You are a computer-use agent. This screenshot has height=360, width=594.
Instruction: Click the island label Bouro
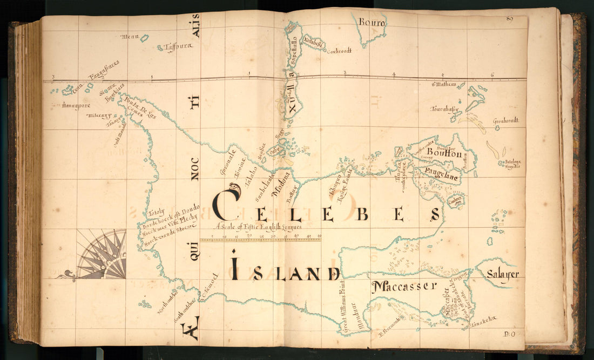pyautogui.click(x=372, y=24)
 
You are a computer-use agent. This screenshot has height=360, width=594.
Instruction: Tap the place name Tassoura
pyautogui.click(x=178, y=46)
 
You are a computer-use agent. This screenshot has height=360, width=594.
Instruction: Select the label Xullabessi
pyautogui.click(x=313, y=43)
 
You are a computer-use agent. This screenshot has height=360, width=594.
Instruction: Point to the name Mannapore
pyautogui.click(x=76, y=106)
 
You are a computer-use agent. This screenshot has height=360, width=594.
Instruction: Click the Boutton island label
pyautogui.click(x=444, y=154)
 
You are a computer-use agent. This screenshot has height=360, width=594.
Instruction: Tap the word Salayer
pyautogui.click(x=502, y=274)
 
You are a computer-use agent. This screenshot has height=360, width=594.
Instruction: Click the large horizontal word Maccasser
pyautogui.click(x=403, y=286)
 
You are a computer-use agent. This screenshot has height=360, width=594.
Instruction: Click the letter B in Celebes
pyautogui.click(x=362, y=215)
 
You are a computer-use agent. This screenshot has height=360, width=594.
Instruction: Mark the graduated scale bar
pyautogui.click(x=260, y=239)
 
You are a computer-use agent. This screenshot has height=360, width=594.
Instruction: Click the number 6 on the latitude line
pyautogui.click(x=492, y=74)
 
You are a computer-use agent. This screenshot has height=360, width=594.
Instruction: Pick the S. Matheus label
pyautogui.click(x=444, y=84)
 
